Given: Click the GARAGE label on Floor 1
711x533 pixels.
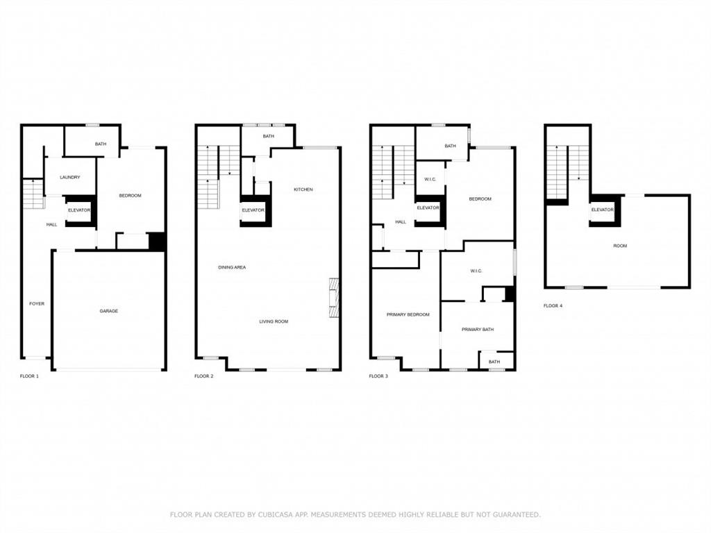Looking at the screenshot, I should pos(108,311).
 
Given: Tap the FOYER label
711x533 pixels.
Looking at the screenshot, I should pos(36,303).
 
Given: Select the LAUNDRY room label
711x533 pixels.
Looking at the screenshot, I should pos(70,178).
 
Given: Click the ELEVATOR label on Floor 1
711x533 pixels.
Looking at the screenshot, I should pos(79,210).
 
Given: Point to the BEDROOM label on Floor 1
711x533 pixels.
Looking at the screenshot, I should pos(130,196).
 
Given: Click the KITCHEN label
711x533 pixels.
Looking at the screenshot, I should pos(303,189).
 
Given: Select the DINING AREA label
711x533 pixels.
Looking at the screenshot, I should pos(232,267).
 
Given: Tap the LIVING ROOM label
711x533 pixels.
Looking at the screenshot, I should pos(274,321).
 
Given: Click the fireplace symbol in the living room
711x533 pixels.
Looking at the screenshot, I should pos(334,297).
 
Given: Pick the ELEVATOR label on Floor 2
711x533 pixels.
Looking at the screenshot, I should pos(253,210).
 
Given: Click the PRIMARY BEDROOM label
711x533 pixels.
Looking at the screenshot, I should pos(408,314).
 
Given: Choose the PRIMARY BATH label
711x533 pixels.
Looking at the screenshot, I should pos(478,329).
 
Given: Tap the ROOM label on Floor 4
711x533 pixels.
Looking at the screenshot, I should pos(619,246).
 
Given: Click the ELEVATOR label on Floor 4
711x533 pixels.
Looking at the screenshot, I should pos(602,210).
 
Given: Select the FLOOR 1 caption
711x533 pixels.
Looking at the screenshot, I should pos(29,376).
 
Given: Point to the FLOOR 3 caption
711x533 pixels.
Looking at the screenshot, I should pos(378,376).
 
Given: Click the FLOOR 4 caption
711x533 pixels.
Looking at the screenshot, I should pos(553,305).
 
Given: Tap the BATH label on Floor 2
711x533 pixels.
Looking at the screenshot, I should pos(269,136).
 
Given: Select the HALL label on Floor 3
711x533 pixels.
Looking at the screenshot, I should pos(401,222).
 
